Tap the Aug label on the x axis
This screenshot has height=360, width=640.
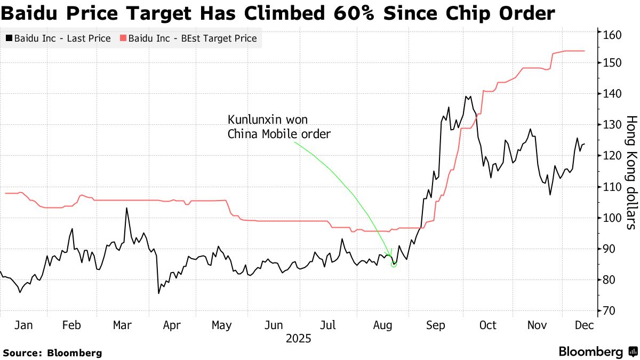(383, 325)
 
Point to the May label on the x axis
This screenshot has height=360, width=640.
(221, 325)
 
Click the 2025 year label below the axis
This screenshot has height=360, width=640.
(298, 339)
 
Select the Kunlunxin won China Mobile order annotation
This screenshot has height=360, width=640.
(279, 127)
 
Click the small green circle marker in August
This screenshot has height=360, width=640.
(394, 264)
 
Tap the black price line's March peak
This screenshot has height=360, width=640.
(126, 208)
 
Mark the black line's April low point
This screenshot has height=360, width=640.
(158, 293)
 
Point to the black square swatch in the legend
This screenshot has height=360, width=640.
(9, 38)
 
